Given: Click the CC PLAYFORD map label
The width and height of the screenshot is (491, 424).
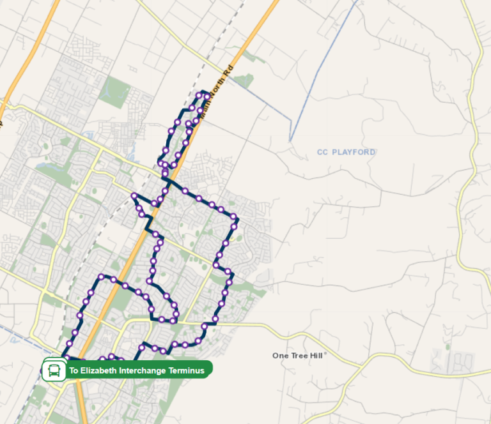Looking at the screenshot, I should [x=346, y=152].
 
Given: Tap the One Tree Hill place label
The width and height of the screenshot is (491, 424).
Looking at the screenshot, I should [x=299, y=356].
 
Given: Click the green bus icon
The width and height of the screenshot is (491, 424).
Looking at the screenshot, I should [x=54, y=370].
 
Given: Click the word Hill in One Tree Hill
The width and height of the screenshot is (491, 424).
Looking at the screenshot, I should [x=317, y=356].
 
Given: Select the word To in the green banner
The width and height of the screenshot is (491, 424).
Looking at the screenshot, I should [x=73, y=370].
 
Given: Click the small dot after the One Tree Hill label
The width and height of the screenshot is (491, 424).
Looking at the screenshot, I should [x=325, y=354].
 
